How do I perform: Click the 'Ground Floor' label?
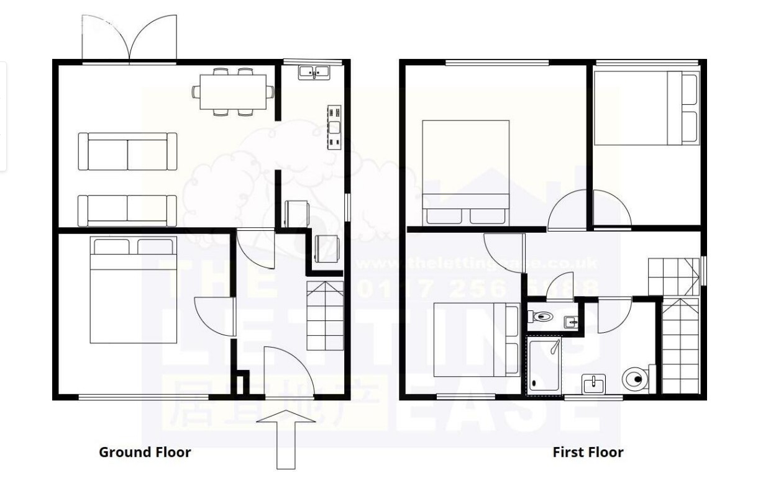coord(145,452)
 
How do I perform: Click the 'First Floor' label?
coord(588,452)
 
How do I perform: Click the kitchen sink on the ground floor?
coord(314,73)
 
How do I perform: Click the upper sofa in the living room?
coord(127,151)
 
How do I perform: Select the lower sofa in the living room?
coord(127,210)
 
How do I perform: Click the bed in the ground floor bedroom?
coord(133,290)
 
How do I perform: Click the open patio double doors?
coord(130,38)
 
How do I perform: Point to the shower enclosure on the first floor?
coord(543,366)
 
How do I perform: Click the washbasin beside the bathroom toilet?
coord(593,384)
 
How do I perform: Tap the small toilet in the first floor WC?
coord(542,317)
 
